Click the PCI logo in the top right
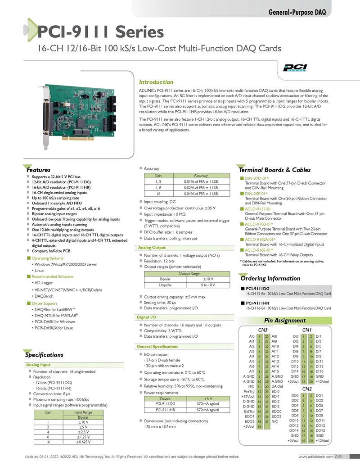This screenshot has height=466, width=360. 295,68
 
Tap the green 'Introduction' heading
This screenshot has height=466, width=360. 156,82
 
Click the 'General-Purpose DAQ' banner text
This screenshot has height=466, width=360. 297,12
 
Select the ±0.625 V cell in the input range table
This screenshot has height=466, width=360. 83,442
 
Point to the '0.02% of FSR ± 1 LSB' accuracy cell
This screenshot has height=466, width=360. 201,188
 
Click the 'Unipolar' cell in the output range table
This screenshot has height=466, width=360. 165,285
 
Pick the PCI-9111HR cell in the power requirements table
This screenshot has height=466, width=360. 165,410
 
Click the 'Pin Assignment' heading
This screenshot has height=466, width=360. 285,321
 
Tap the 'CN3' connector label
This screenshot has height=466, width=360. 263,330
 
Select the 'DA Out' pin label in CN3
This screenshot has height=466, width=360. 277,386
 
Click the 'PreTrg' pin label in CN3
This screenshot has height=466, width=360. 249,391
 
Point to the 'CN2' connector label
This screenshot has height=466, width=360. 307,389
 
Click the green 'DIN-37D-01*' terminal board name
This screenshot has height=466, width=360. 256,178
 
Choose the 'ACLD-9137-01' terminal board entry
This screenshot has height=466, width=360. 257,209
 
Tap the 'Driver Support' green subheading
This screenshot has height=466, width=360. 44,303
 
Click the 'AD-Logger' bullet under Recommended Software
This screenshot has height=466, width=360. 44,283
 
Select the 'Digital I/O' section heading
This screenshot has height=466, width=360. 146,317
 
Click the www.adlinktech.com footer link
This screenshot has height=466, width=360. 316,457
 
